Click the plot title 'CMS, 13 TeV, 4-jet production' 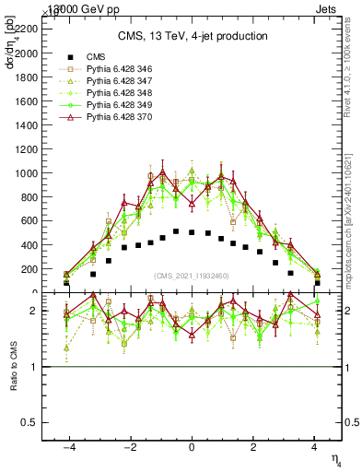193,36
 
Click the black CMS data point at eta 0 192,232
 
